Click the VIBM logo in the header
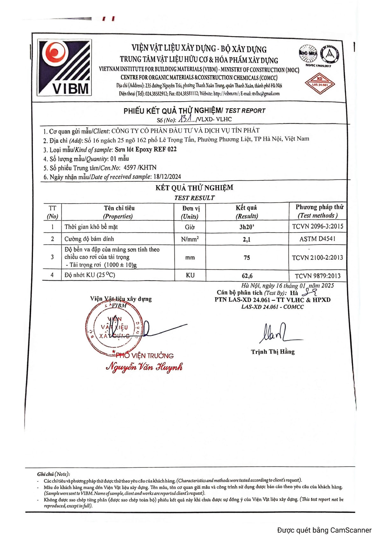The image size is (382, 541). (65, 67)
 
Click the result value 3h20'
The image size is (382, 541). (247, 227)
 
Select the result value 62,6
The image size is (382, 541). (247, 276)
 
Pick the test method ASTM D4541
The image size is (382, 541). (317, 239)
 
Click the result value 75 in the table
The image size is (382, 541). (247, 258)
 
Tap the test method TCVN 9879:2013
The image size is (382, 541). (317, 276)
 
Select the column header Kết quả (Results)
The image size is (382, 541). (246, 212)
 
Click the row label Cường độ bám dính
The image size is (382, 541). (89, 239)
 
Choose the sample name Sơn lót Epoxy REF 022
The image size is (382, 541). (145, 149)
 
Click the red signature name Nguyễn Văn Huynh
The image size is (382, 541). (144, 367)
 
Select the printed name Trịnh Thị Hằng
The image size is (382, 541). (272, 352)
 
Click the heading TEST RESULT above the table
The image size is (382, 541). (194, 198)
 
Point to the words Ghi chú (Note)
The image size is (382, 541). (53, 474)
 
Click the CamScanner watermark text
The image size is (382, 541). (324, 530)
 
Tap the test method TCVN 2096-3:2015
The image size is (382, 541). (317, 227)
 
